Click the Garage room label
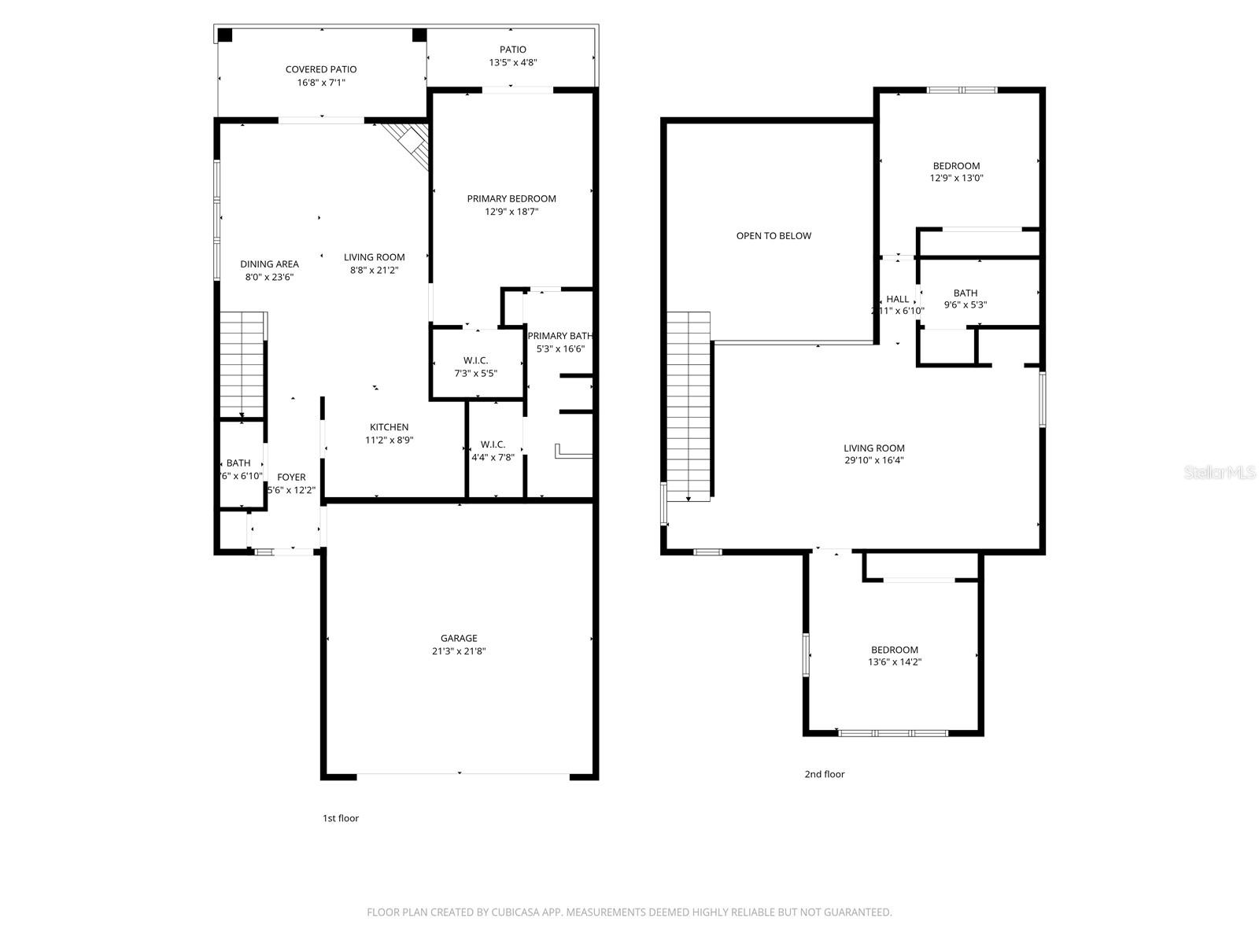[459, 638]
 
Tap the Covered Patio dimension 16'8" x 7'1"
[321, 82]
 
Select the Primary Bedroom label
[511, 199]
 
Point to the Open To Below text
[773, 236]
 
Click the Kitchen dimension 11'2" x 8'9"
[390, 441]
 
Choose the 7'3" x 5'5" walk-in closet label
[476, 367]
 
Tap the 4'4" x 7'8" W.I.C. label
[493, 451]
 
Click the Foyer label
[291, 478]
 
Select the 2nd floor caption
[824, 774]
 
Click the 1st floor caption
[340, 818]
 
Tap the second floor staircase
[689, 405]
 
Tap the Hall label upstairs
[897, 299]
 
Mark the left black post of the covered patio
[225, 35]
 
